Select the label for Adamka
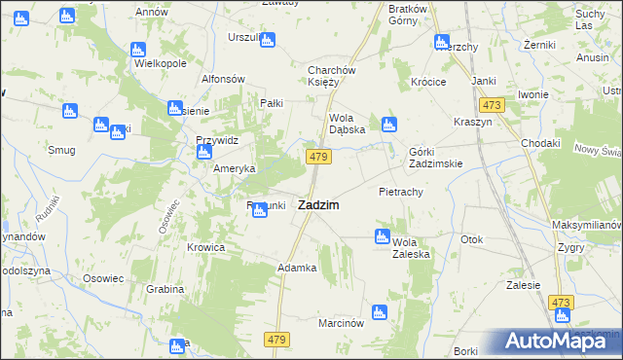point(298,267)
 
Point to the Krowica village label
point(206,247)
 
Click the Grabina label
point(165,289)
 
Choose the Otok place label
point(472,239)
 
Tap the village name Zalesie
point(523,285)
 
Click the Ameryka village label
point(235,167)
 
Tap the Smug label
point(61,150)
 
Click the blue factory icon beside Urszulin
point(268,40)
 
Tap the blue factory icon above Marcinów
point(381,312)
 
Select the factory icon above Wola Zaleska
point(383,235)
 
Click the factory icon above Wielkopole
point(137,48)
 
